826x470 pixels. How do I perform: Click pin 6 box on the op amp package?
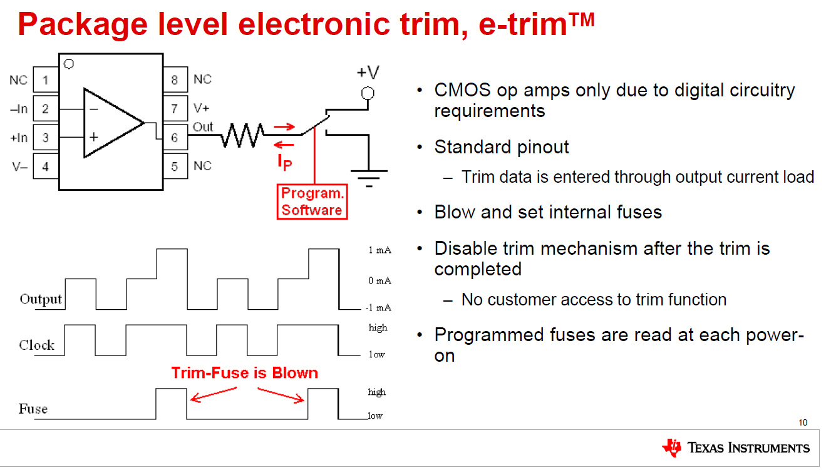(x=175, y=138)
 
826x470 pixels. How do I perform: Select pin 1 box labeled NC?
(x=46, y=80)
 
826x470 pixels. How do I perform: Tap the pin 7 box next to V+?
(x=175, y=109)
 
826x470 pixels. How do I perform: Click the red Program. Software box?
(x=311, y=202)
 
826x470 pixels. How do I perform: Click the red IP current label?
(x=285, y=161)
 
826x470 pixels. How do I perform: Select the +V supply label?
(x=368, y=72)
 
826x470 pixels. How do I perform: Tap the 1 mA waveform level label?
(x=380, y=250)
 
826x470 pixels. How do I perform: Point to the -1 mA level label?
(x=378, y=307)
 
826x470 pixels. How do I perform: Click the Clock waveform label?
(x=36, y=345)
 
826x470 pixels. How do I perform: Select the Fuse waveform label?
(x=33, y=409)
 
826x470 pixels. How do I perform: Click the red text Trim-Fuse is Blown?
(x=245, y=373)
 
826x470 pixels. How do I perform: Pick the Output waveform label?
(x=41, y=299)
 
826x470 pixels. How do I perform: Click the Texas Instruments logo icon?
(x=671, y=447)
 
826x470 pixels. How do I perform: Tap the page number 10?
(x=803, y=422)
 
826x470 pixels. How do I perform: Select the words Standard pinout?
(x=502, y=148)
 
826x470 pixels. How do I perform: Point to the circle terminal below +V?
(x=368, y=93)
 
